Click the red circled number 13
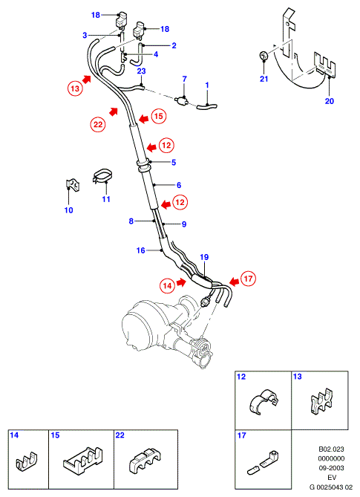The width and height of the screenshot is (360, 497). tap(75, 88)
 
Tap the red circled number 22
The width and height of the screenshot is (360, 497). tap(98, 124)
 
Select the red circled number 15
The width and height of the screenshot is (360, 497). tap(159, 116)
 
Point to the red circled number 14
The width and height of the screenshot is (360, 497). tap(167, 286)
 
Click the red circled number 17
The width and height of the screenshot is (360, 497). tap(248, 279)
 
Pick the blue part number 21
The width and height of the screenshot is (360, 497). tap(264, 79)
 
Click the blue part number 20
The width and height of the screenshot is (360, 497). tap(330, 101)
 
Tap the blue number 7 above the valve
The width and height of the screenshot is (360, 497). tap(185, 79)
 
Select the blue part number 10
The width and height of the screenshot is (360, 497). tap(69, 209)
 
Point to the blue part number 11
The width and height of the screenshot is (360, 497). tap(106, 199)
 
